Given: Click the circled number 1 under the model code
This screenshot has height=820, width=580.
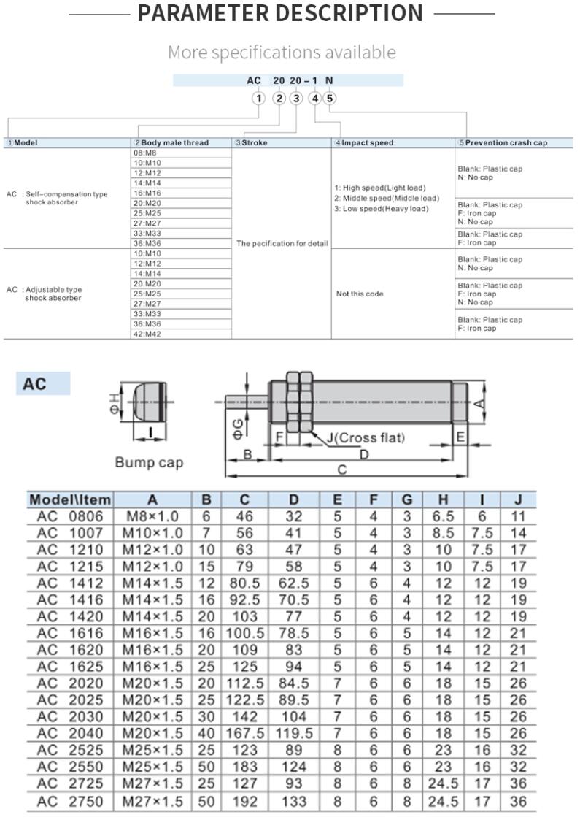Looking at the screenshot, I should click(258, 99).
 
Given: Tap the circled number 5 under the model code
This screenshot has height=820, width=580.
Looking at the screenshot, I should click(330, 99).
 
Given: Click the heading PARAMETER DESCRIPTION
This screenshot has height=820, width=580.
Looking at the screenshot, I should click(280, 13).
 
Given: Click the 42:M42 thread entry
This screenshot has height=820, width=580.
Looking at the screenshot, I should click(147, 334).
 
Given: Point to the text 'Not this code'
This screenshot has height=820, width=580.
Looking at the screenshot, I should click(360, 294).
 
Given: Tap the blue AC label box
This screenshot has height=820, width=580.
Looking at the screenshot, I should click(43, 383).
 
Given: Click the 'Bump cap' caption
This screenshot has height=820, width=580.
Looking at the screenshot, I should click(150, 462).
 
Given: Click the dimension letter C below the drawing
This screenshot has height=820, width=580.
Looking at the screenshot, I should click(341, 470).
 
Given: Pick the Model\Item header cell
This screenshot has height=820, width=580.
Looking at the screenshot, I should click(70, 500).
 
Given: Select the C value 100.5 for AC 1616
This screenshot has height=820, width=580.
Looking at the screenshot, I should click(244, 634).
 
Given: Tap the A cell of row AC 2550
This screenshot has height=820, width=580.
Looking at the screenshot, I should click(152, 767).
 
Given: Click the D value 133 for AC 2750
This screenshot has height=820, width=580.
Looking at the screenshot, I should click(293, 801).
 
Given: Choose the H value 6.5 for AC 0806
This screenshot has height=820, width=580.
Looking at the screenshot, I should click(443, 517).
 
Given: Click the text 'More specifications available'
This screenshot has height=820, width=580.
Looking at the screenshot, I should click(282, 53).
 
